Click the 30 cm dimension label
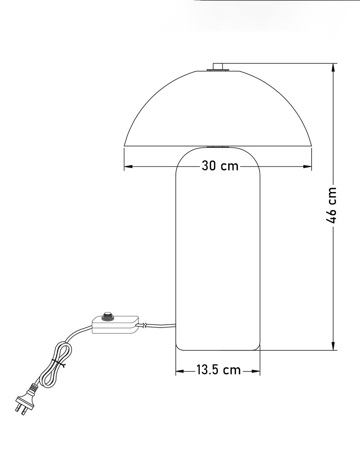click(220, 166)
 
